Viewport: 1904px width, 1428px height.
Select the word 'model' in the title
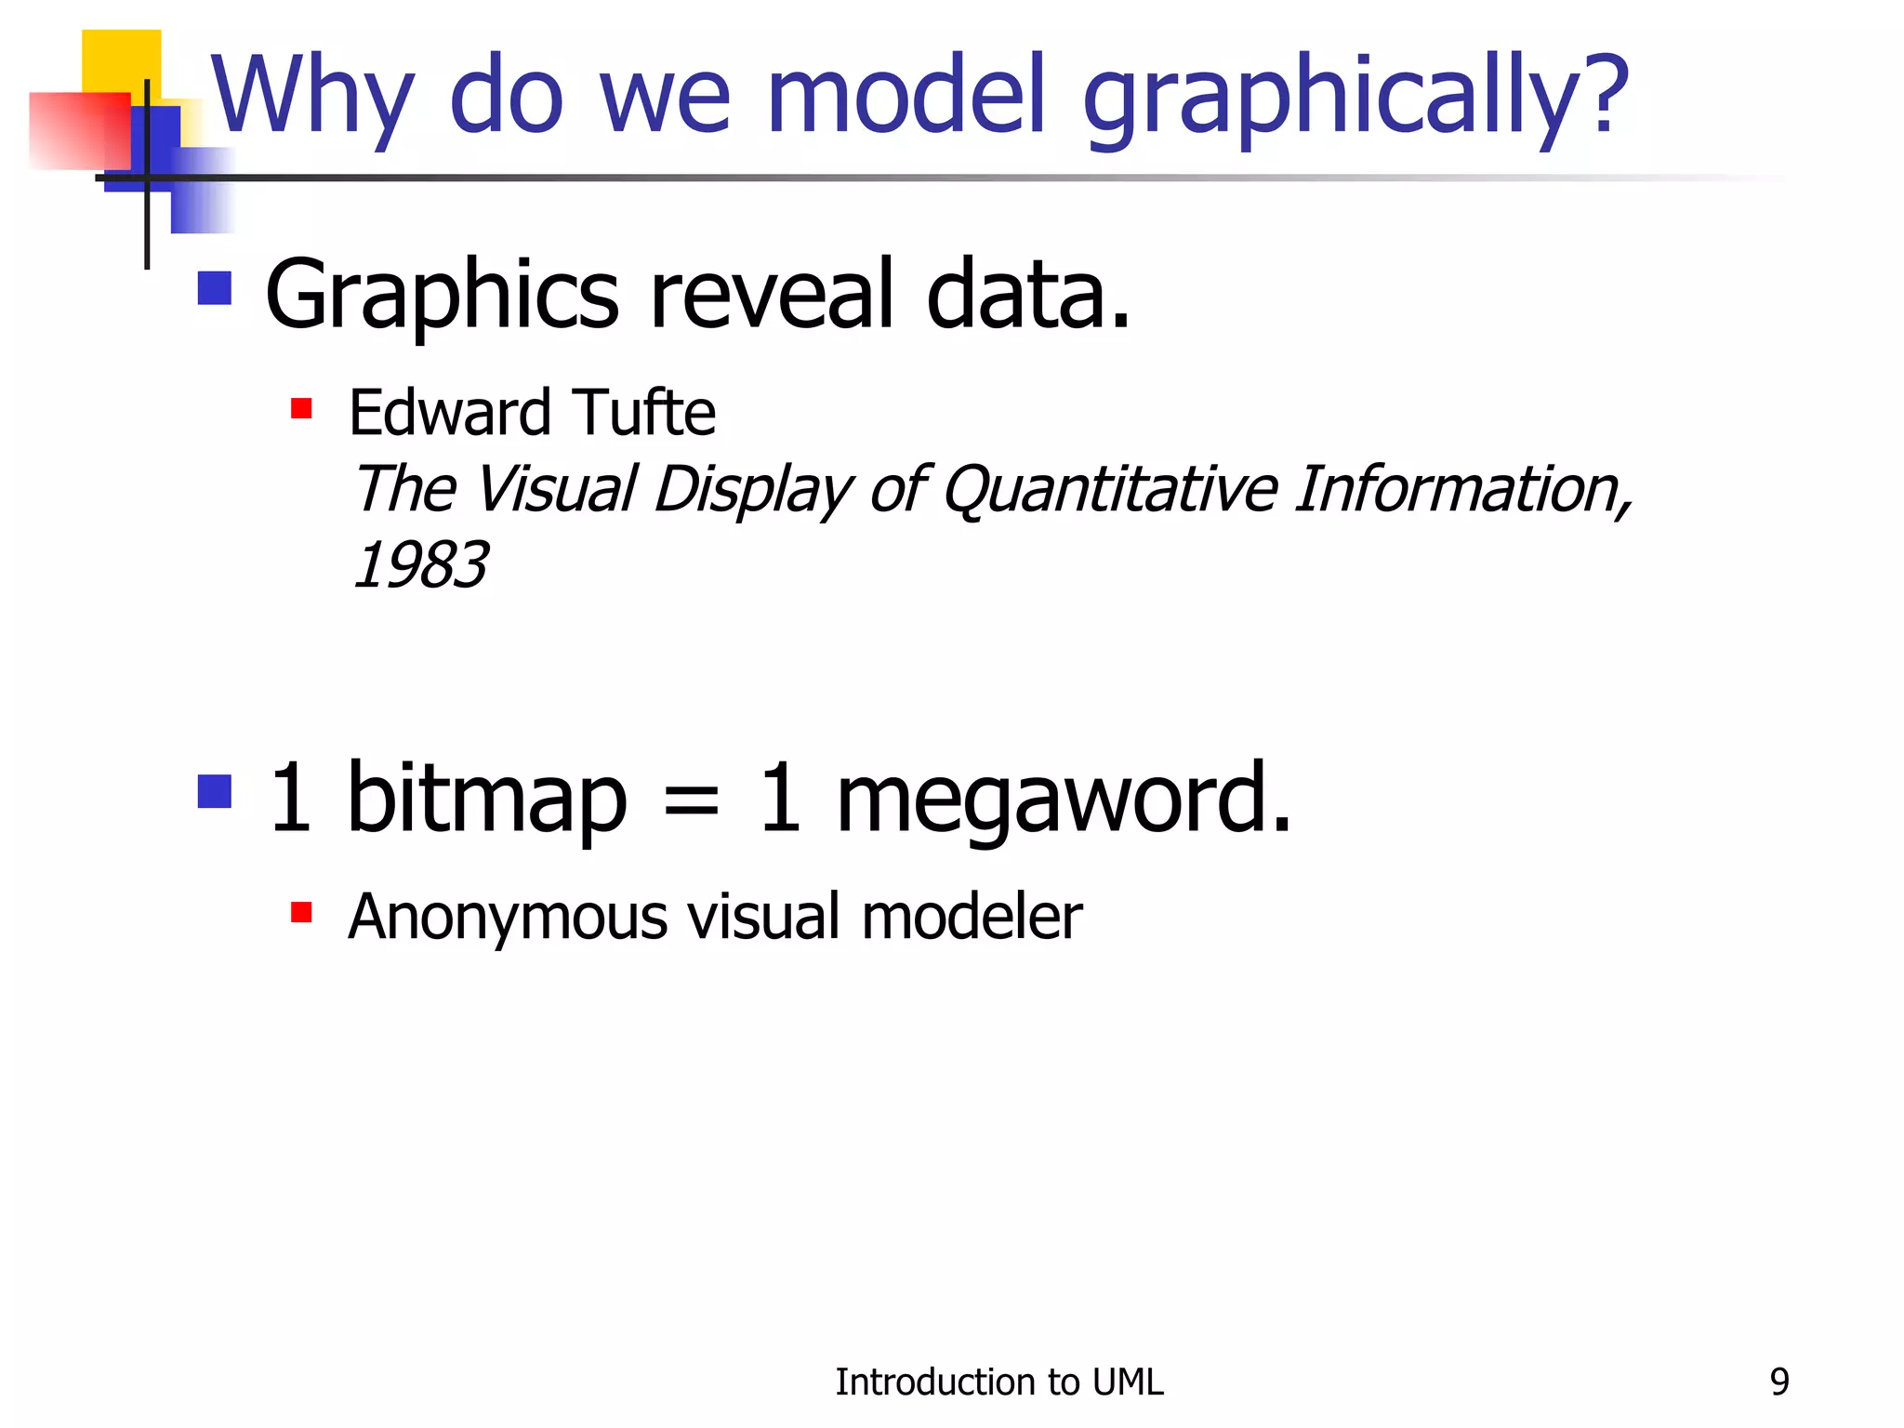coord(907,93)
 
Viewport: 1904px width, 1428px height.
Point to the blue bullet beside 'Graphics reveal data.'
coord(215,288)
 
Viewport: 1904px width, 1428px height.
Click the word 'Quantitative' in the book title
coord(1110,489)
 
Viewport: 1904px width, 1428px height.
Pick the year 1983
coord(421,564)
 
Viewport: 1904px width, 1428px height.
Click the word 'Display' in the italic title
coord(753,491)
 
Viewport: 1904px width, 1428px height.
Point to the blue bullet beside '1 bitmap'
coord(215,792)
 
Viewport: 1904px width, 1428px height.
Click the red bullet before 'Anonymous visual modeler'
coord(301,912)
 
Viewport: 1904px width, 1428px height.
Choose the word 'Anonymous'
coord(508,918)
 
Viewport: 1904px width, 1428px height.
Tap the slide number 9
coord(1778,1382)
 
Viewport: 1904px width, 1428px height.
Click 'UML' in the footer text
coord(1128,1382)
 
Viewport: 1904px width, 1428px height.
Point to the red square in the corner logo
coord(79,130)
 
